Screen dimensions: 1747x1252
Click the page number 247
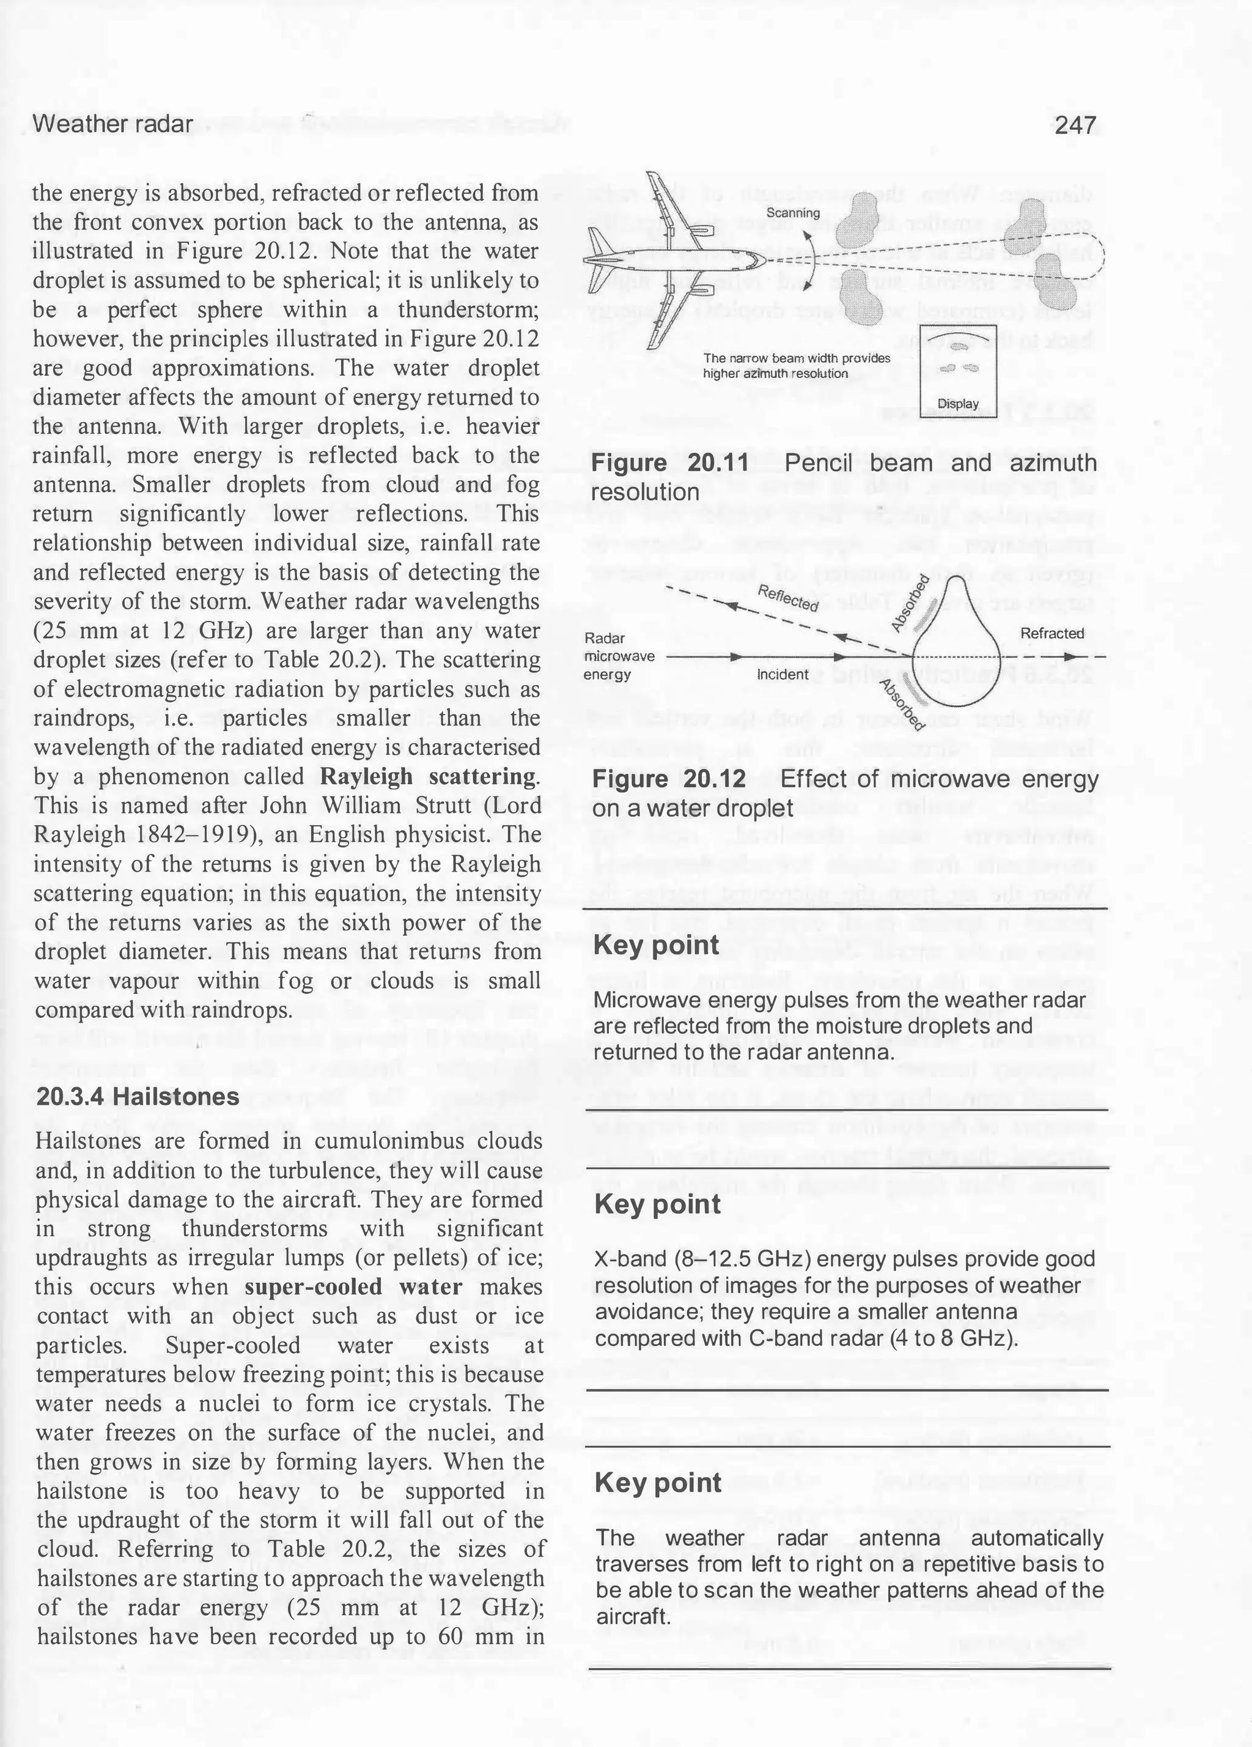(x=1076, y=125)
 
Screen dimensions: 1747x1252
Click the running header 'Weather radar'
(x=112, y=124)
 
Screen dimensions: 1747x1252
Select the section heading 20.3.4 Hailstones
(x=138, y=1097)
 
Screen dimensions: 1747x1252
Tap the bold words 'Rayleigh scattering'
(x=429, y=776)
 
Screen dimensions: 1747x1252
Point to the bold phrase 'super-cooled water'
(x=353, y=1287)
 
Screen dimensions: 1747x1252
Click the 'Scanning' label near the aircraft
(x=792, y=213)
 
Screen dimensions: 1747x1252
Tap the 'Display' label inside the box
(x=958, y=404)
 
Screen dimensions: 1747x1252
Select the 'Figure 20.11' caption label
(x=669, y=463)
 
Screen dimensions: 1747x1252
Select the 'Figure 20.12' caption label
(x=669, y=779)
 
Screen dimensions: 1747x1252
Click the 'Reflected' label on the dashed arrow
(x=788, y=598)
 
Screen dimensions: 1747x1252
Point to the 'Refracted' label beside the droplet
(x=1052, y=633)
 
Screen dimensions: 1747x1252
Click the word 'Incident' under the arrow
(x=782, y=675)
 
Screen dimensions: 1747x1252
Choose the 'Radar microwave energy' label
(x=619, y=656)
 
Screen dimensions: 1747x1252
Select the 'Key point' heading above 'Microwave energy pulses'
(x=657, y=945)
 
